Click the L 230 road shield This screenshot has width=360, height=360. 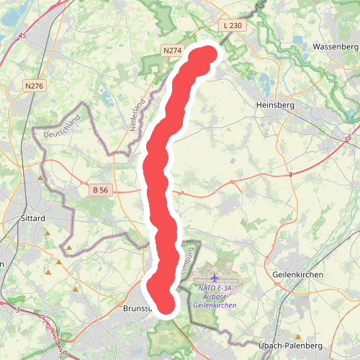coord(233,25)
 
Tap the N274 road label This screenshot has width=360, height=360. coord(171,50)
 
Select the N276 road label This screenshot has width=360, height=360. coord(34,86)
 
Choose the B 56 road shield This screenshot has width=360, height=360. coord(100,190)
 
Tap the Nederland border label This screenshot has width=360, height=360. coord(138,114)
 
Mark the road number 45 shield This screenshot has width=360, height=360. coord(23,35)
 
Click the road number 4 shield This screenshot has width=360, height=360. coord(290,175)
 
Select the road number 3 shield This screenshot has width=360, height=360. coord(18,310)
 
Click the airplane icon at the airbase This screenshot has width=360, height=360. coord(215,277)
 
